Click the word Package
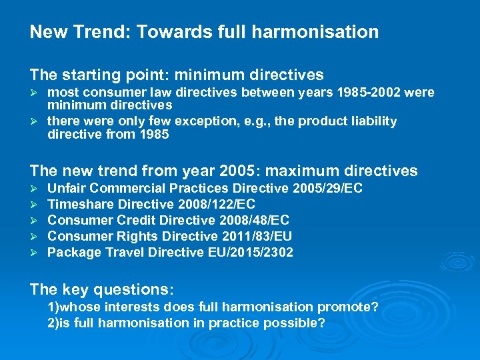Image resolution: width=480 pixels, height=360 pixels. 73,252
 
